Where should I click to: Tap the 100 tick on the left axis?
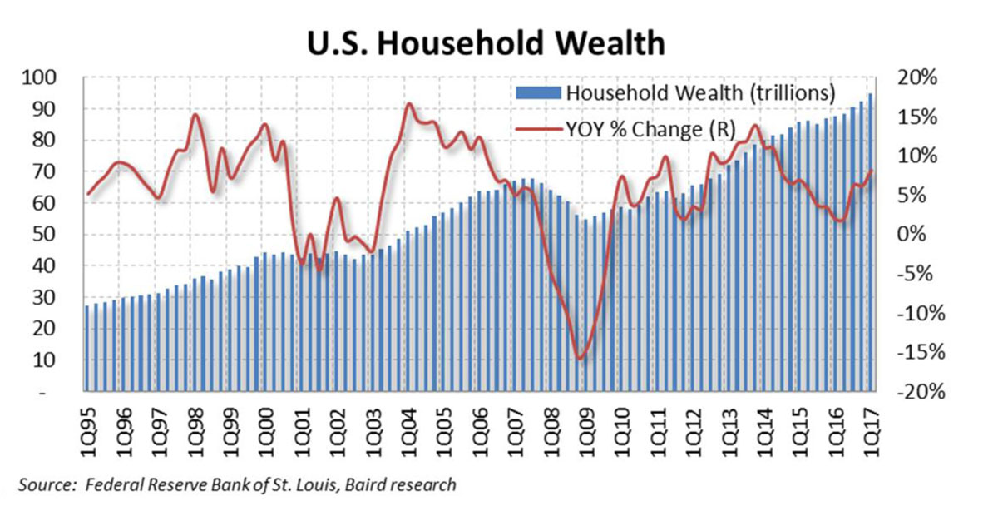coord(39,77)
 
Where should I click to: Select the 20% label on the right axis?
coord(916,77)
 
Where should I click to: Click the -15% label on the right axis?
coord(921,352)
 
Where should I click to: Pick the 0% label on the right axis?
coord(912,235)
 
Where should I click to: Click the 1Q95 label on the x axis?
coord(89,432)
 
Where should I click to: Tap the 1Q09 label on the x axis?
coord(587,432)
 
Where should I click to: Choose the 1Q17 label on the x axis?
coord(872,432)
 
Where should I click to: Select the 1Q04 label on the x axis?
coord(408,432)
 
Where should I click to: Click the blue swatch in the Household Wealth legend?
coord(538,92)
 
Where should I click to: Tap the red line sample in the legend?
coord(539,129)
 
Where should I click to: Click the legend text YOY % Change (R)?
coord(651,129)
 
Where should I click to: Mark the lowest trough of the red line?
coord(580,358)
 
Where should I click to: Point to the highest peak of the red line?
coord(408,104)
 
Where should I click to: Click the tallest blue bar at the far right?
coord(870,242)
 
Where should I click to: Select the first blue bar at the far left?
coord(86,349)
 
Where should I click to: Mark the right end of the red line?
coord(872,171)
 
